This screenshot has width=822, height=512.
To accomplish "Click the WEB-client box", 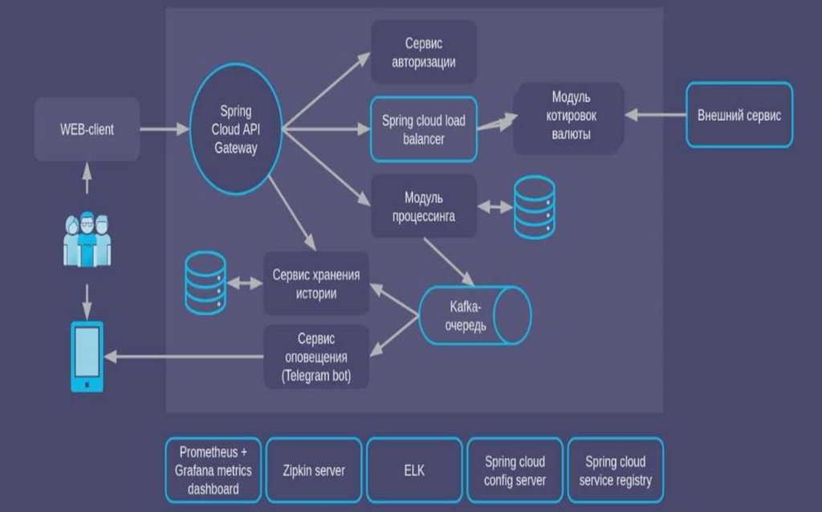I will pos(87,128).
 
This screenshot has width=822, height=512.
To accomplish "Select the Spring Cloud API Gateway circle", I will pos(235,130).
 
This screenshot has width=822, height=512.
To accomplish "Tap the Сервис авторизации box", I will pos(424,52).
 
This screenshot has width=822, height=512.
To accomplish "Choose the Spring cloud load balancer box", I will pos(424,128).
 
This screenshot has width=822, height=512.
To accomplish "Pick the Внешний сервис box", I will pos(739,116).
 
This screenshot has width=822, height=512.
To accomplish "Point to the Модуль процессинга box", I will pos(424,205).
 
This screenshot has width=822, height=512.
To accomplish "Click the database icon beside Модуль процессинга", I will pos(534,206).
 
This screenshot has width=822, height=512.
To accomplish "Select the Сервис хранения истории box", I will pos(315,283).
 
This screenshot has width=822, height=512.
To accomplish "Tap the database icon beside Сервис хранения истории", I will pos(205,283).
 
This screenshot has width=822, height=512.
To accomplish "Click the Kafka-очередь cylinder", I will pos(475,314).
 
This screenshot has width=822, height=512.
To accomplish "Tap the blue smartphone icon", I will pos(87,356).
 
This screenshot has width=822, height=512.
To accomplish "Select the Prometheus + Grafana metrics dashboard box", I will pos(213,470).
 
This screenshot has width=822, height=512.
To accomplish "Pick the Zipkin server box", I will pos(315,470).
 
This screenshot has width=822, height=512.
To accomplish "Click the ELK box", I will pos(415,470).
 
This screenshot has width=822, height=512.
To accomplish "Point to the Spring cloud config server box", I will pos(515,470).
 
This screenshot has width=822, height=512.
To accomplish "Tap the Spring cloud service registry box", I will pos(616,470).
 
